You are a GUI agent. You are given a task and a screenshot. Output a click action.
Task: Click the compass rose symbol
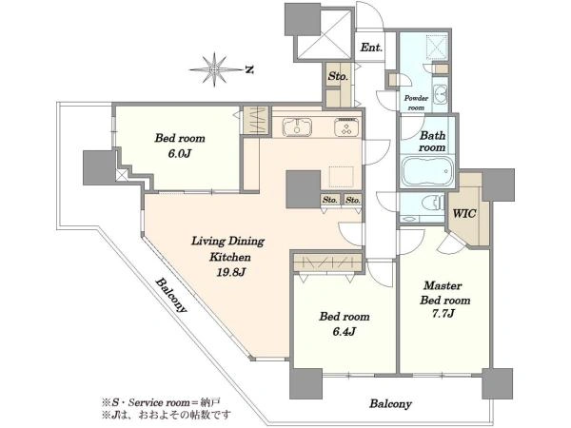[x=215, y=69]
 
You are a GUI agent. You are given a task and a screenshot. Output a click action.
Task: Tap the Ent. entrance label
[x=371, y=48]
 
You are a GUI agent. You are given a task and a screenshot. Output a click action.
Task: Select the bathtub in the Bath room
[x=427, y=171]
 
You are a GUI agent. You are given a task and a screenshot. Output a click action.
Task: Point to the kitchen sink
[x=297, y=127]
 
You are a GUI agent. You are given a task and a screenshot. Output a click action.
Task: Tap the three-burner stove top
[x=346, y=127]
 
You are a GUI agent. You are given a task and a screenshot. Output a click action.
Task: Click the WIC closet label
[x=464, y=213]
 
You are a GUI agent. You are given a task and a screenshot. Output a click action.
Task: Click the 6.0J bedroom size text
[x=179, y=153]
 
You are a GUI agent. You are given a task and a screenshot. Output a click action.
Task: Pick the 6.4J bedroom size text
[x=344, y=332]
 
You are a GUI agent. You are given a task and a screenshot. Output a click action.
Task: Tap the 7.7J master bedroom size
[x=443, y=313]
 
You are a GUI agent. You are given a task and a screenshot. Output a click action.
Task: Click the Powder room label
[x=416, y=103]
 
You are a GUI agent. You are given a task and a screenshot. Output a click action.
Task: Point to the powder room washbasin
[x=442, y=94]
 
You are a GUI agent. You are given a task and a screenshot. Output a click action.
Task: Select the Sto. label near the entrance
[x=338, y=76]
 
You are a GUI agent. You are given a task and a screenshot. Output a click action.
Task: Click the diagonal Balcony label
[x=171, y=296]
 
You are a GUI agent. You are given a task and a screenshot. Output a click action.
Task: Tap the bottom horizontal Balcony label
[x=391, y=403]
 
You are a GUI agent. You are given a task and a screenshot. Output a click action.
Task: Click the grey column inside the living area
[x=303, y=189]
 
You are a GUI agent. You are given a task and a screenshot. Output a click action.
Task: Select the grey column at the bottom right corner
[x=498, y=383]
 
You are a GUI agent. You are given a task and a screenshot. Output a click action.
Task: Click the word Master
[x=443, y=285]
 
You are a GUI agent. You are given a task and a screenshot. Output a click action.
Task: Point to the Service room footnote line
[x=161, y=402]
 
